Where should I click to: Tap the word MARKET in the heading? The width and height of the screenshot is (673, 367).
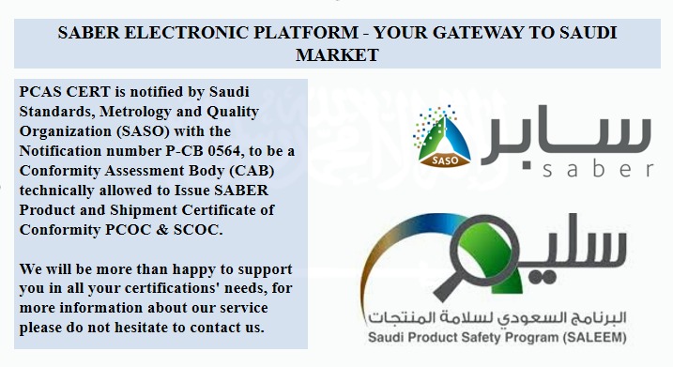(337, 54)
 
